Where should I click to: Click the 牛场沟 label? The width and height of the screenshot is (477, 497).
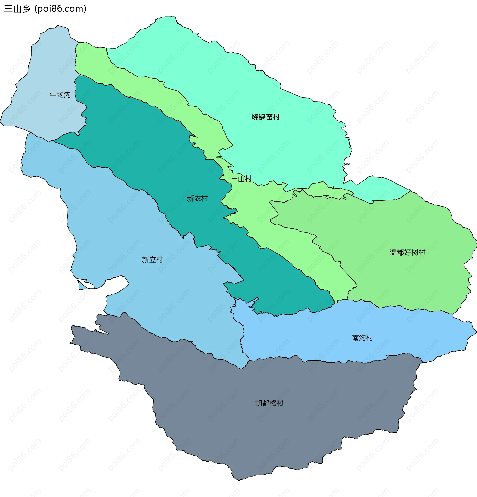point(60,95)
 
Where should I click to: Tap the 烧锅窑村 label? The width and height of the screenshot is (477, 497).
point(265,117)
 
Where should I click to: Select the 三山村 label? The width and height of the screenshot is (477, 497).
point(241,179)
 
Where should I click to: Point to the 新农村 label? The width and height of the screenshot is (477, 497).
point(197,198)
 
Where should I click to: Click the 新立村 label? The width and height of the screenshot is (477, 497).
point(152,260)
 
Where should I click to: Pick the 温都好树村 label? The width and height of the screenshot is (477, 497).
point(407,252)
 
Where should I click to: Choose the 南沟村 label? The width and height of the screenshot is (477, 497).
point(362,338)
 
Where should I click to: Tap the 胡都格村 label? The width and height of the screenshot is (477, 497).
point(269,403)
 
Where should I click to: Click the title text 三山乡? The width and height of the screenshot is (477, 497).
point(17,9)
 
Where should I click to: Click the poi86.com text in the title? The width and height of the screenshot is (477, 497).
point(61,9)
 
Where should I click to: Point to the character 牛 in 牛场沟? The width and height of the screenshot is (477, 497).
point(53,95)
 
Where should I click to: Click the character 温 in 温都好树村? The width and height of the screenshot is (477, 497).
point(393,252)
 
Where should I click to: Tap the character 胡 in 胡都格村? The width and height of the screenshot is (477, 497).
point(259,403)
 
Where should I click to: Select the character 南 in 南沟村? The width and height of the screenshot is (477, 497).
point(356,338)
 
